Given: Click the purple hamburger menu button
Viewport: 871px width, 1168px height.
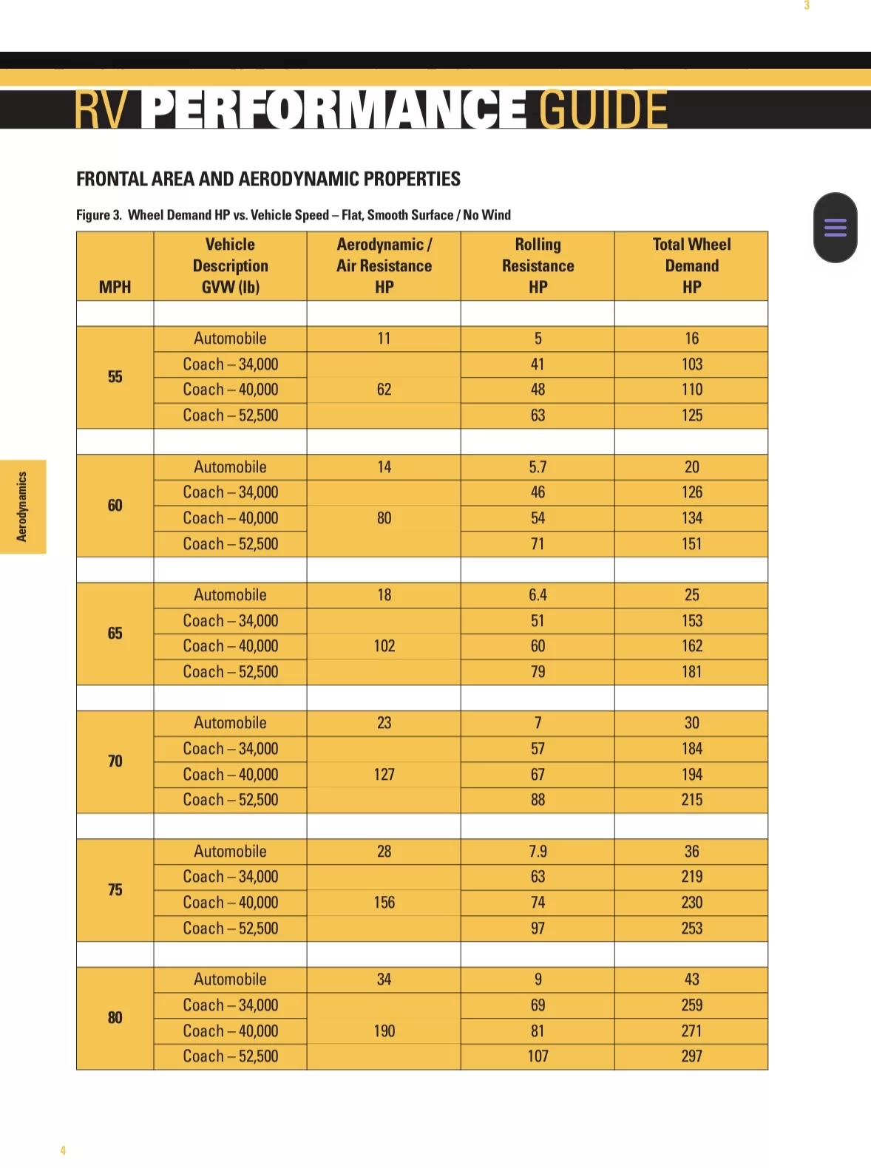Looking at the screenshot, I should tap(835, 227).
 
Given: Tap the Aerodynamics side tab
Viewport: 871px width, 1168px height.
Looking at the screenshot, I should tap(22, 506).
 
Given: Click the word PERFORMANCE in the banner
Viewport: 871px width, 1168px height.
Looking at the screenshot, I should tap(333, 109).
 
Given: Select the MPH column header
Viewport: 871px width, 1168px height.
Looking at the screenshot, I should tap(115, 287).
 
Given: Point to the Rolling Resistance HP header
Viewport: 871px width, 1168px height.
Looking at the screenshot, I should tap(538, 265).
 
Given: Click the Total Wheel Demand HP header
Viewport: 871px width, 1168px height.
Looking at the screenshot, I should tap(691, 265).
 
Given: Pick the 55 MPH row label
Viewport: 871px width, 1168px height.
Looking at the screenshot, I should tap(115, 377).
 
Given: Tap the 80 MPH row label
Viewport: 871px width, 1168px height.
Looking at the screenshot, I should tap(115, 1018).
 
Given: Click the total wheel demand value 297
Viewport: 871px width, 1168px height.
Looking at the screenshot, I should tap(691, 1056).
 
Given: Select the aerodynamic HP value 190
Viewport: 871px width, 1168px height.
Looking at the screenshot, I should tap(384, 1031).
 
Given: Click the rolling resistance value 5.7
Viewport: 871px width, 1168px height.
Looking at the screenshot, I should tap(538, 467).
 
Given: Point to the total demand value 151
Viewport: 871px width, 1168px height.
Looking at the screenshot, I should tap(691, 544).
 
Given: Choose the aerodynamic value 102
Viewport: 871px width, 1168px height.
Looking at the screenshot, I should tap(384, 646).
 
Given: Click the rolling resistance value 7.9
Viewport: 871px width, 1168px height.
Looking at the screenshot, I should tap(538, 852).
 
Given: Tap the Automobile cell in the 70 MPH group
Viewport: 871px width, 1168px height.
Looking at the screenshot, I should tap(230, 723).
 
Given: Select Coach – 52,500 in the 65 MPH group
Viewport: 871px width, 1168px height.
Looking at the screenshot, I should tap(230, 672).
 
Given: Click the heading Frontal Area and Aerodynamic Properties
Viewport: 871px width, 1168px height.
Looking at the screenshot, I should tap(268, 179).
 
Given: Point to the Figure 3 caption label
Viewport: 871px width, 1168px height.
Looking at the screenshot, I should tap(98, 215).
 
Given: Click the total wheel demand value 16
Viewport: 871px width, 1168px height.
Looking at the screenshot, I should tap(691, 339).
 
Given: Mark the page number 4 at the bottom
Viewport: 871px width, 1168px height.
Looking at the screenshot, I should tap(63, 1150).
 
